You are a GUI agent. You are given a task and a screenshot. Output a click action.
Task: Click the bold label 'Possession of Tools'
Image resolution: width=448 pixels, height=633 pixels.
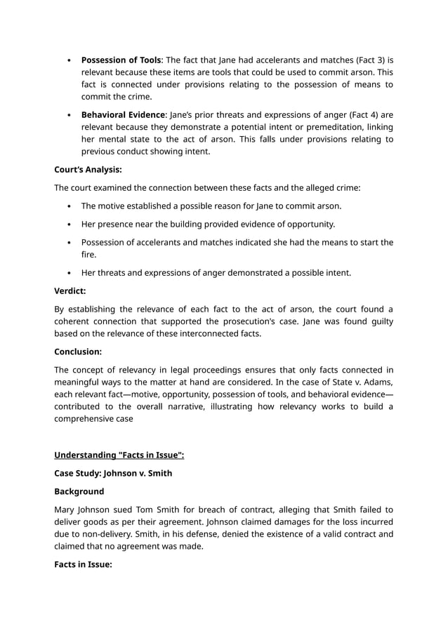click(x=121, y=60)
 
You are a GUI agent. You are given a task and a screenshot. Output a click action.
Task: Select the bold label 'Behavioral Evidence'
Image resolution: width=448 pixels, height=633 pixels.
click(x=122, y=114)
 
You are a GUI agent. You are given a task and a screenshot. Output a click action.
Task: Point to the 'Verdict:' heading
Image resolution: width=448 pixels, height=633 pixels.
click(x=70, y=291)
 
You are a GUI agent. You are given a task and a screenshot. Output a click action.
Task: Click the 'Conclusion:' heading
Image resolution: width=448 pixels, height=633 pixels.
click(x=78, y=352)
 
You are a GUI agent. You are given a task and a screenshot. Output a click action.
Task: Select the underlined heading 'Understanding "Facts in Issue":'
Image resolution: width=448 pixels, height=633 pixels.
click(x=119, y=455)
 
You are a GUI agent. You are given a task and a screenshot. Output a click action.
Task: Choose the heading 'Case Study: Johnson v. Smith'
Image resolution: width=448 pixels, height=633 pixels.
click(x=113, y=473)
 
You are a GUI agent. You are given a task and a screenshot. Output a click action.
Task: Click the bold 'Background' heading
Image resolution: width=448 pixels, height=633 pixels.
click(x=79, y=491)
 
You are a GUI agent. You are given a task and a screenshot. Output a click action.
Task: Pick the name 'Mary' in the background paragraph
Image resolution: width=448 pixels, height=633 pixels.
click(x=67, y=509)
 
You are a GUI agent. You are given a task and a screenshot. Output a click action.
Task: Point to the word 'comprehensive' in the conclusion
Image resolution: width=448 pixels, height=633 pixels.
click(x=87, y=419)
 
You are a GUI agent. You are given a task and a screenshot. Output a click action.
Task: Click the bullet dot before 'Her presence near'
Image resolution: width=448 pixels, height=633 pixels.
click(x=67, y=225)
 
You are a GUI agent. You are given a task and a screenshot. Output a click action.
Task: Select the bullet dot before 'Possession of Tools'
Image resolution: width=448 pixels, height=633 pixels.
click(x=67, y=60)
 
